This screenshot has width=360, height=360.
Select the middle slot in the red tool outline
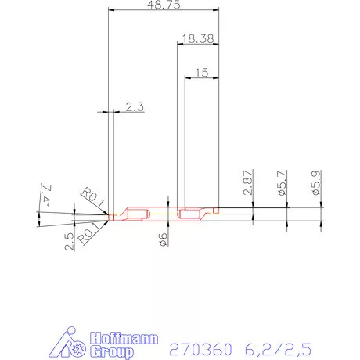coord(189,214)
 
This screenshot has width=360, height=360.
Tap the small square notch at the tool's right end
coord(214,211)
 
